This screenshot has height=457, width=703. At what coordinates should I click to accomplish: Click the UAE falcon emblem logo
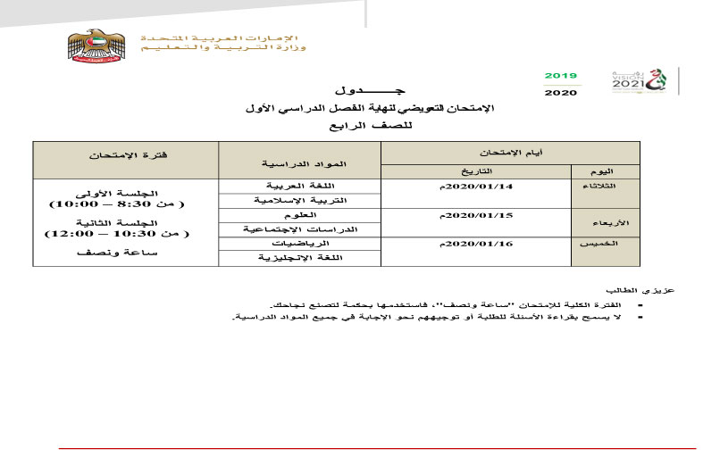pyautogui.click(x=92, y=48)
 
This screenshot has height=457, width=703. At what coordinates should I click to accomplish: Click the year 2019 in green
pyautogui.click(x=561, y=76)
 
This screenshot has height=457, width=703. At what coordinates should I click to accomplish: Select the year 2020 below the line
pyautogui.click(x=561, y=92)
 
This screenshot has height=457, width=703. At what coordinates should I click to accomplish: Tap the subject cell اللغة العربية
pyautogui.click(x=300, y=186)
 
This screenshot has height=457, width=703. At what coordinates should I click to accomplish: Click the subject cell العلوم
pyautogui.click(x=300, y=215)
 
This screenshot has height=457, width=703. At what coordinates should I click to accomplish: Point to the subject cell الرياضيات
pyautogui.click(x=300, y=244)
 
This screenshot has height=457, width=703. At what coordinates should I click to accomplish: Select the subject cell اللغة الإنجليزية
pyautogui.click(x=300, y=258)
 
